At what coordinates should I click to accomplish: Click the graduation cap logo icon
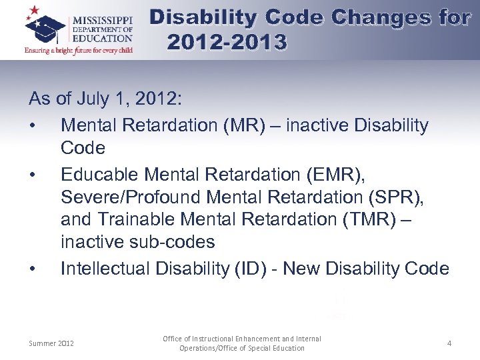point(45,27)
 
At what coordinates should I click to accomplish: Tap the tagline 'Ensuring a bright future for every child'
point(78,50)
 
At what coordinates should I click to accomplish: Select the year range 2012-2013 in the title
point(227,43)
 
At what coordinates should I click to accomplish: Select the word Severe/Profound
point(131,198)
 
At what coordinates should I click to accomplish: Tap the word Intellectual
point(105,269)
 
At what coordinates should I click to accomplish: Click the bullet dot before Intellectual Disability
point(33,269)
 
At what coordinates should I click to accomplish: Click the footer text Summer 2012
point(51,343)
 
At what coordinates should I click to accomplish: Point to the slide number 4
point(449,343)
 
